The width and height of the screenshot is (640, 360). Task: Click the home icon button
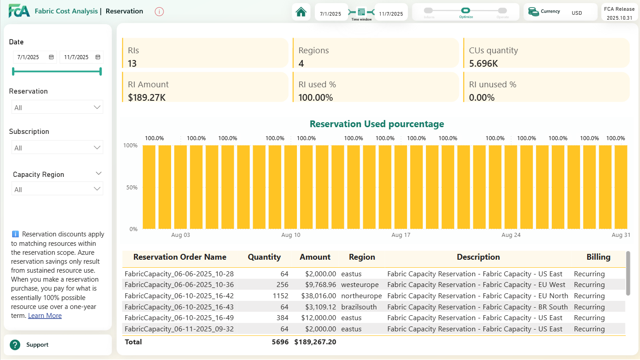(301, 12)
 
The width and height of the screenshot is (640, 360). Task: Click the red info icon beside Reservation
(159, 12)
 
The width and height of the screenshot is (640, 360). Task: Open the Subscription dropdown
(57, 148)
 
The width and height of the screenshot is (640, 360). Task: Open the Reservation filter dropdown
(57, 107)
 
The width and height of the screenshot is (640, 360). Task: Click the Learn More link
(45, 316)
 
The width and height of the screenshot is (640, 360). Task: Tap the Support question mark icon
(15, 345)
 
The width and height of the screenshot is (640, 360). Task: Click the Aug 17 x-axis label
(400, 235)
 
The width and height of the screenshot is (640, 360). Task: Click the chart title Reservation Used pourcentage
(377, 124)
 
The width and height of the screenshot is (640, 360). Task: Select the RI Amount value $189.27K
(147, 97)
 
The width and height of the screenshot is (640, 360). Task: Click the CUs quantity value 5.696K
(483, 64)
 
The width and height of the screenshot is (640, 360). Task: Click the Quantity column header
(264, 257)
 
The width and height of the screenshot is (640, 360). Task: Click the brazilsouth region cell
(359, 307)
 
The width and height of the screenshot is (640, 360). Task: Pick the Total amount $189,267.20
(315, 342)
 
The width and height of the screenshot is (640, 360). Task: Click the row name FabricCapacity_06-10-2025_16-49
(179, 318)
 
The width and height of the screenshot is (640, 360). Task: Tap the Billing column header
(598, 257)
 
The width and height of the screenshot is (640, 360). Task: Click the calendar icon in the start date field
(51, 57)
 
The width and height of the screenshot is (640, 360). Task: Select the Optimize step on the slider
(465, 11)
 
